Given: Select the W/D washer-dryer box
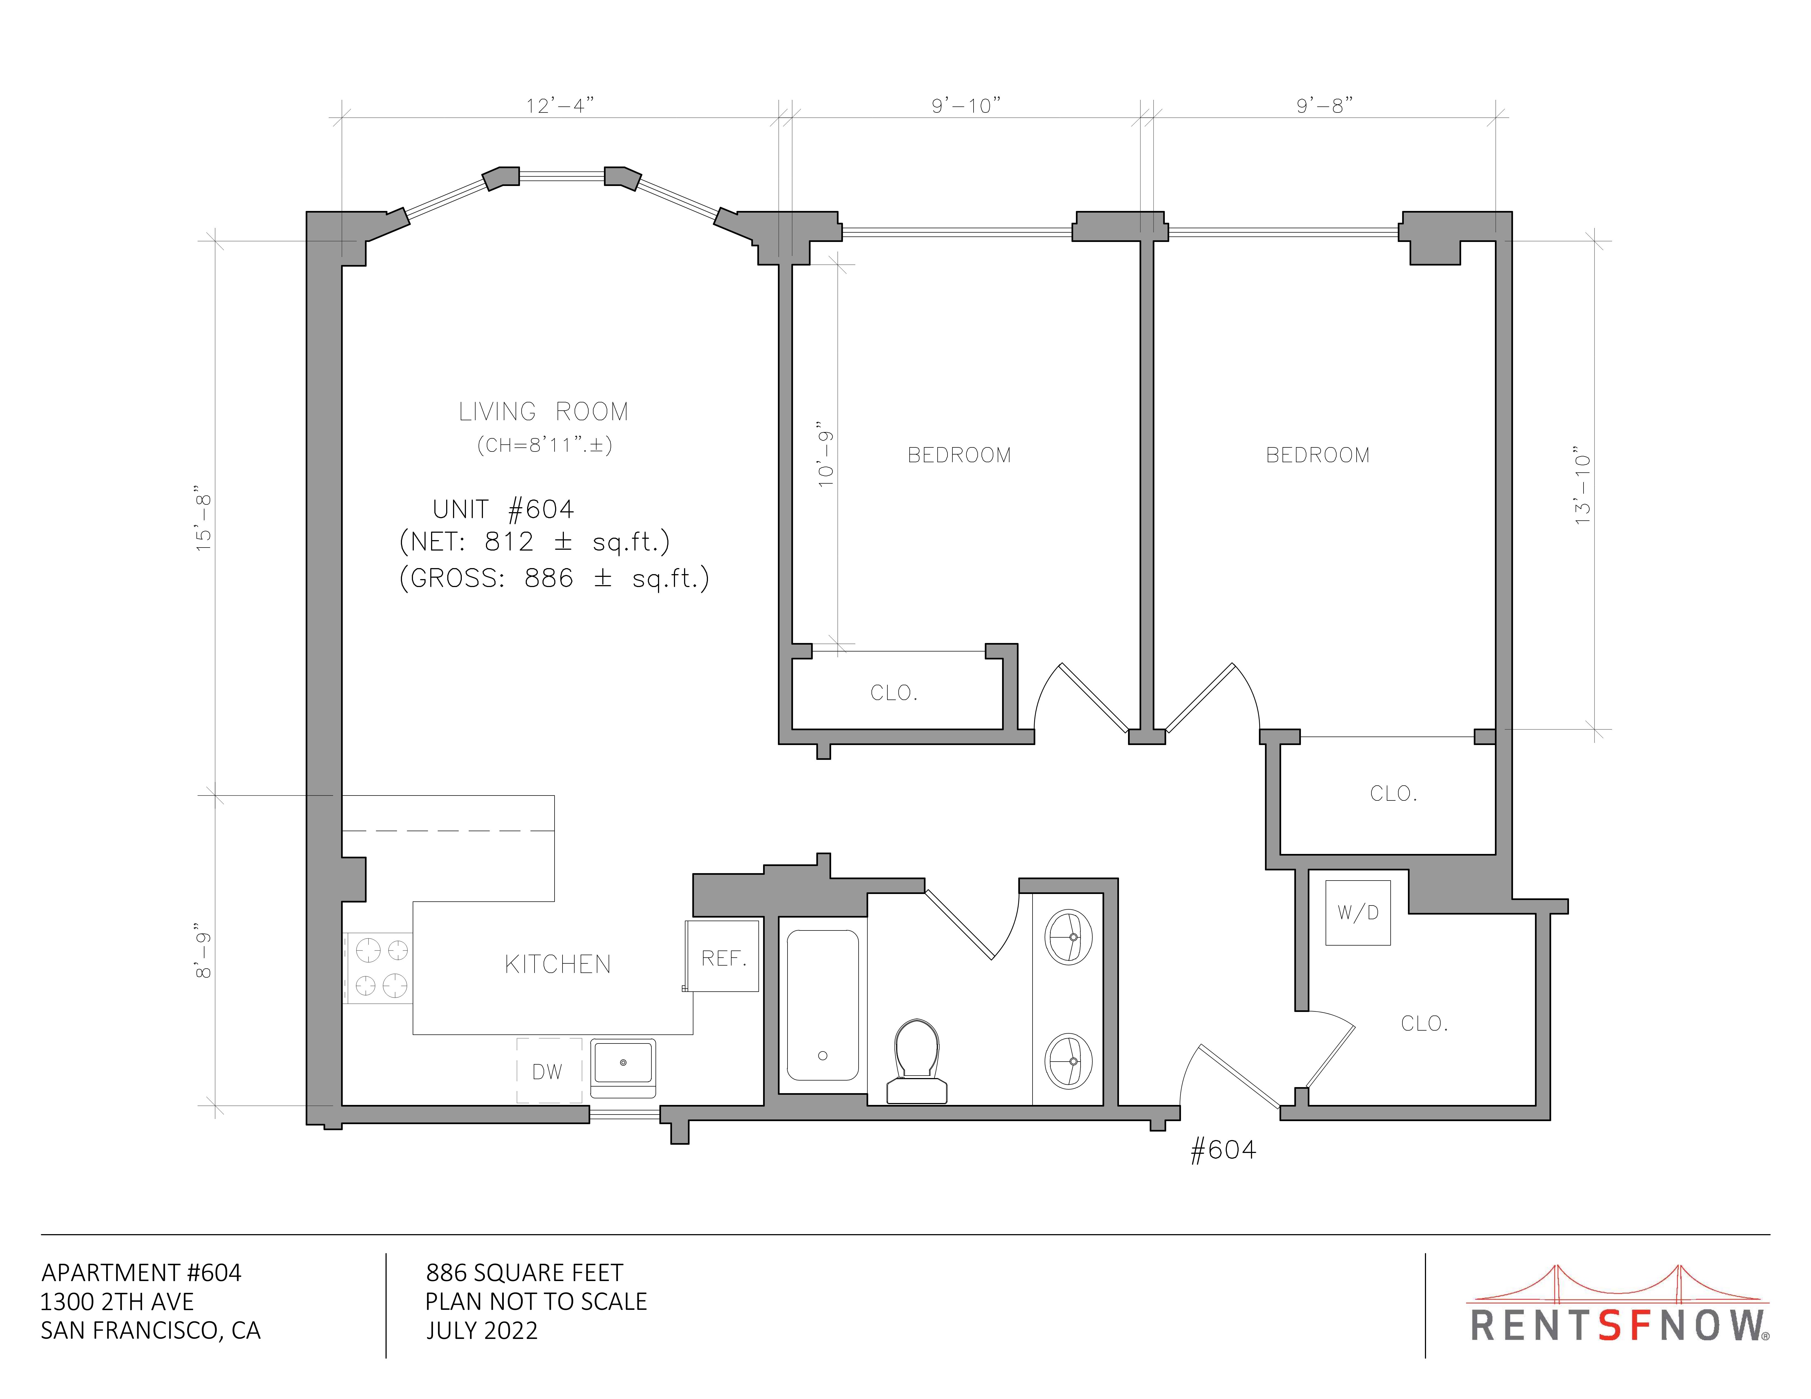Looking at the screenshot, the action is [1357, 912].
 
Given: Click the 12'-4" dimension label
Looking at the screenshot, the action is [561, 106].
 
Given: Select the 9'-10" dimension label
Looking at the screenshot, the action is [966, 106].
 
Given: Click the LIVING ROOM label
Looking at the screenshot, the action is [544, 412].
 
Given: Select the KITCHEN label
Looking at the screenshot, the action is [558, 964].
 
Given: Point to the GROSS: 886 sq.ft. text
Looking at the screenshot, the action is [554, 578].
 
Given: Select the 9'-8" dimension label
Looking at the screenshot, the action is [1325, 106].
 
